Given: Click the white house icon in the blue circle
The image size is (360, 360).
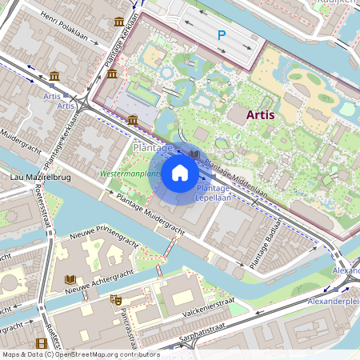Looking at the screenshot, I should (x=180, y=172).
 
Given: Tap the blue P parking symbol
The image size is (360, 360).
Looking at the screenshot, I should (x=222, y=35).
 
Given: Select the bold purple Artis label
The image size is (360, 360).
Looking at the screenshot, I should (x=261, y=114).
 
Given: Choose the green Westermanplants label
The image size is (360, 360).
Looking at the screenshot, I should (x=130, y=174).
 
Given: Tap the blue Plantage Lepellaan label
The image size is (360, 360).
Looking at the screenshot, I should (x=214, y=192).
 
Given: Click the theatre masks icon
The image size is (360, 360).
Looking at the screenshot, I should (x=115, y=299).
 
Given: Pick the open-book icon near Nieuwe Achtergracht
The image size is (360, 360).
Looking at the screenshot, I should (x=70, y=280).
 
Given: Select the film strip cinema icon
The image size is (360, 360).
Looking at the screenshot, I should (x=42, y=344).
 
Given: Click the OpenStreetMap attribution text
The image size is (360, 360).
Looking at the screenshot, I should (x=80, y=354).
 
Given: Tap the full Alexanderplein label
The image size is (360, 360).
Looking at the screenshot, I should (x=333, y=302).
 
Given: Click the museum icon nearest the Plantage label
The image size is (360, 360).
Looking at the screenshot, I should (x=132, y=120).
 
